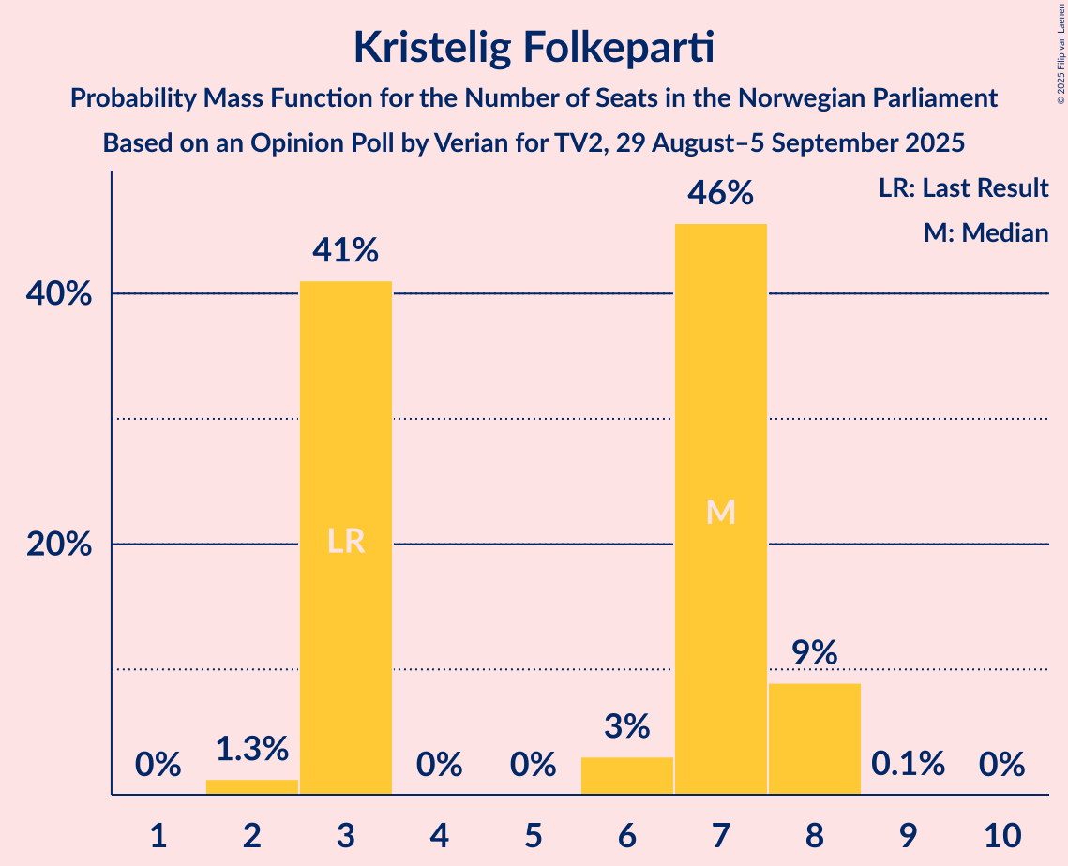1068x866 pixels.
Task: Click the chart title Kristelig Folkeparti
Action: coord(534,48)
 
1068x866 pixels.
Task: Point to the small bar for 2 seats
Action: coord(252,786)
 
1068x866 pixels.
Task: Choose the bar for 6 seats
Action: coord(627,775)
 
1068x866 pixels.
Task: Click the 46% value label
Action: coord(721,194)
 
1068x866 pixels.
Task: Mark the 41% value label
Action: coord(346,251)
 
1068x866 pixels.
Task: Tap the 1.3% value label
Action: coord(252,749)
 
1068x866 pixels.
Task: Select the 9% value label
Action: coord(815,653)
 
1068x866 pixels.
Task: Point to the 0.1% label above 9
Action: coord(909,765)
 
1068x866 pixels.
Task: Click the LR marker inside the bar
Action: coord(346,542)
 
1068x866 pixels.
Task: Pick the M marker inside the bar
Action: coord(721,512)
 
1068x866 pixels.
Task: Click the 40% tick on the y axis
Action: coord(58,294)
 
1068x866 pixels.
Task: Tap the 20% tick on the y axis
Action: coord(58,545)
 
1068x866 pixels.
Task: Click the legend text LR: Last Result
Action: coord(963,188)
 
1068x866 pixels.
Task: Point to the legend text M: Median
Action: coord(985,232)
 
